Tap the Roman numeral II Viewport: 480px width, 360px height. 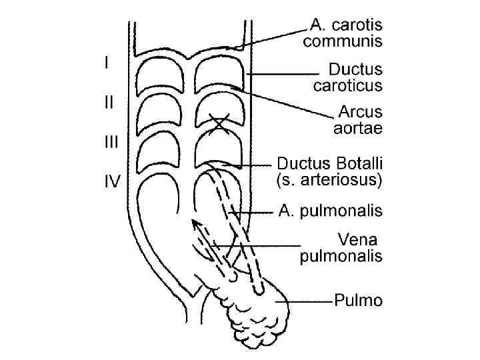coord(108,103)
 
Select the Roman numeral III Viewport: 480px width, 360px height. coord(109,141)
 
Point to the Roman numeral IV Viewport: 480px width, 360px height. coord(110,180)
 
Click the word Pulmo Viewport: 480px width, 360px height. coord(359,301)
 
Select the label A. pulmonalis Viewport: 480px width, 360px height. coord(331,212)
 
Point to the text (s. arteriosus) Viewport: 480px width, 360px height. coord(329,179)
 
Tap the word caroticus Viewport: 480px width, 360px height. coord(347,85)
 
